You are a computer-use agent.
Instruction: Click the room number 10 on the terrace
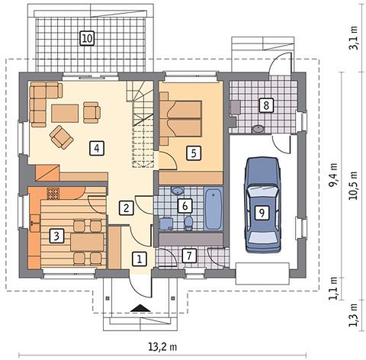pyautogui.click(x=87, y=38)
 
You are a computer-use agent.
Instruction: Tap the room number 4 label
pyautogui.click(x=97, y=148)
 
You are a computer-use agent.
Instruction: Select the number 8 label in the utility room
pyautogui.click(x=266, y=105)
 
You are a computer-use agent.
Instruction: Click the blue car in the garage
pyautogui.click(x=262, y=204)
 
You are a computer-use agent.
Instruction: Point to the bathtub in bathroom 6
pyautogui.click(x=213, y=209)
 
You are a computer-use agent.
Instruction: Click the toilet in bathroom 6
pyautogui.click(x=188, y=223)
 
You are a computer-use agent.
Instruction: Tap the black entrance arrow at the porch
pyautogui.click(x=140, y=308)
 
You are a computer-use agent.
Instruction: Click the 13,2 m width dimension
pyautogui.click(x=162, y=347)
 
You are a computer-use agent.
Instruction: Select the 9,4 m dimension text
pyautogui.click(x=334, y=175)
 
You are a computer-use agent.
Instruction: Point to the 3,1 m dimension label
pyautogui.click(x=354, y=37)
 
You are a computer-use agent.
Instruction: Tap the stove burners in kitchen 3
pyautogui.click(x=53, y=194)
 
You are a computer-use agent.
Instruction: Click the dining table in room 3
pyautogui.click(x=87, y=243)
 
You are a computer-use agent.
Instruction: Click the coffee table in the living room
pyautogui.click(x=65, y=114)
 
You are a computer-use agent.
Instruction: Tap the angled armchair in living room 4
pyautogui.click(x=62, y=137)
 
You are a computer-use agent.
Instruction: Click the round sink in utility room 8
pyautogui.click(x=258, y=129)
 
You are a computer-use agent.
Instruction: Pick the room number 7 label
pyautogui.click(x=190, y=256)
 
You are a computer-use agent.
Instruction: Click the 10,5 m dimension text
pyautogui.click(x=354, y=185)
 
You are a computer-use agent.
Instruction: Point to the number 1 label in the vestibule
pyautogui.click(x=140, y=259)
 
